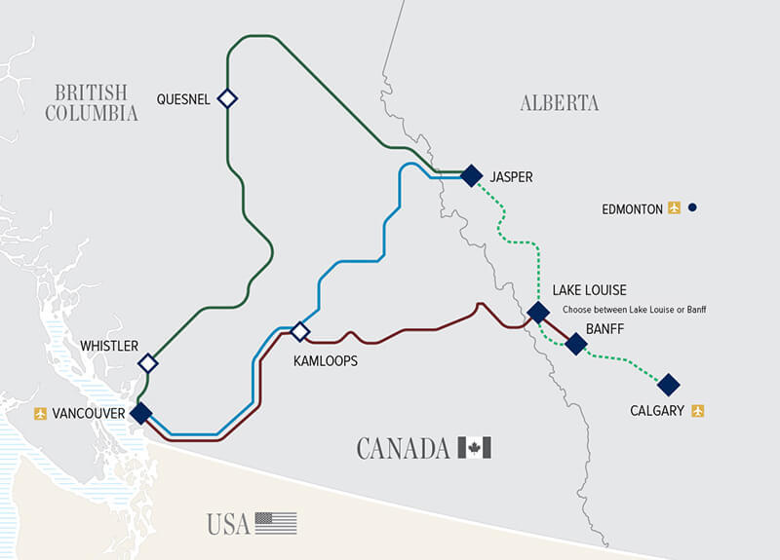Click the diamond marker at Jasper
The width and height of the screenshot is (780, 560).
472,175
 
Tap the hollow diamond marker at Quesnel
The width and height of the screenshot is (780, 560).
227,98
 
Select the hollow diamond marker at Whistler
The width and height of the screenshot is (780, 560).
148,363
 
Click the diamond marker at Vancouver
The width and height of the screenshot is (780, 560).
141,413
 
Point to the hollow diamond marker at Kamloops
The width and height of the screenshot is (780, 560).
300,332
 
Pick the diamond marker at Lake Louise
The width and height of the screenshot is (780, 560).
537,313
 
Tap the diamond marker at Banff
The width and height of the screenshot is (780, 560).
576,344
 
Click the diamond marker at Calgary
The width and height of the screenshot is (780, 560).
668,385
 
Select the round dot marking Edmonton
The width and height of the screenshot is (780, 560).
691,207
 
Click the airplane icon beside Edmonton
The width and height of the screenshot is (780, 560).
674,207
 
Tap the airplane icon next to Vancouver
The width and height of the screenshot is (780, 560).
40,414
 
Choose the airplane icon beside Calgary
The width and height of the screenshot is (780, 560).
697,411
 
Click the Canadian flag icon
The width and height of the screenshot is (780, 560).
475,448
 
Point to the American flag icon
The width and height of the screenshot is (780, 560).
276,523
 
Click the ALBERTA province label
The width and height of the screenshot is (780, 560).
560,103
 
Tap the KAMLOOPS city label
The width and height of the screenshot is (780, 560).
326,360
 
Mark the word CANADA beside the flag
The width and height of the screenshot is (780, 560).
404,449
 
